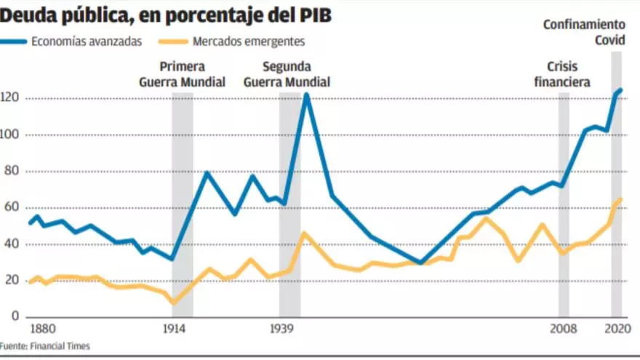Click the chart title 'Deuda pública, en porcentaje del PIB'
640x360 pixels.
pyautogui.click(x=167, y=15)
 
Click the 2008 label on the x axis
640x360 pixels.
pyautogui.click(x=563, y=328)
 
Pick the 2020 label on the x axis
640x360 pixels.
pyautogui.click(x=616, y=328)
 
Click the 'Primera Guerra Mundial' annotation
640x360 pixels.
pyautogui.click(x=182, y=73)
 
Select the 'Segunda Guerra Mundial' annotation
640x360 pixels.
pyautogui.click(x=287, y=73)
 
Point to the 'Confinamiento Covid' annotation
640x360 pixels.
pyautogui.click(x=585, y=33)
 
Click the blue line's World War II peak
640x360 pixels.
pyautogui.click(x=306, y=95)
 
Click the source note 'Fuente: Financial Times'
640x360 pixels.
pyautogui.click(x=45, y=346)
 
